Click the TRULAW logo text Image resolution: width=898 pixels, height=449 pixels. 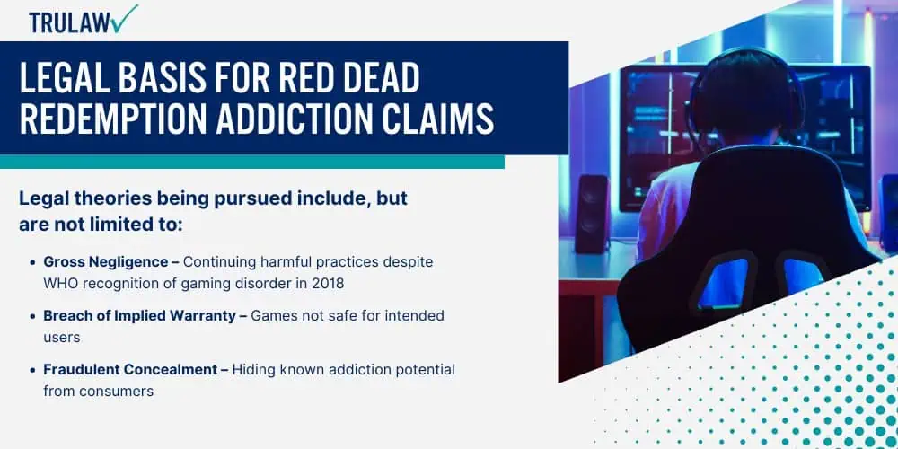point(70,22)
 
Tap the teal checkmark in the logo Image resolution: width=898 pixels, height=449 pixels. point(126,18)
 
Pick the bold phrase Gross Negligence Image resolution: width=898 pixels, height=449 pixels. point(106,262)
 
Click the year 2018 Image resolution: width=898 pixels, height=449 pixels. point(329,283)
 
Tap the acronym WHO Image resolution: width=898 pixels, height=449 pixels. point(57,283)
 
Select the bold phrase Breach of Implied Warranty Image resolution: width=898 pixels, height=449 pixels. point(140,316)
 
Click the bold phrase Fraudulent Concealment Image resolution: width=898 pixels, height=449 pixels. point(130,370)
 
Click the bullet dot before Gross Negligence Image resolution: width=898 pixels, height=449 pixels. point(32,263)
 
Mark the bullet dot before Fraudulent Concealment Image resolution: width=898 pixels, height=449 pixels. point(32,371)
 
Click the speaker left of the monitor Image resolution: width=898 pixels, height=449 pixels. point(592,214)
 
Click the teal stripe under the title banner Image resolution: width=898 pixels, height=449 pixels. point(252,162)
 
